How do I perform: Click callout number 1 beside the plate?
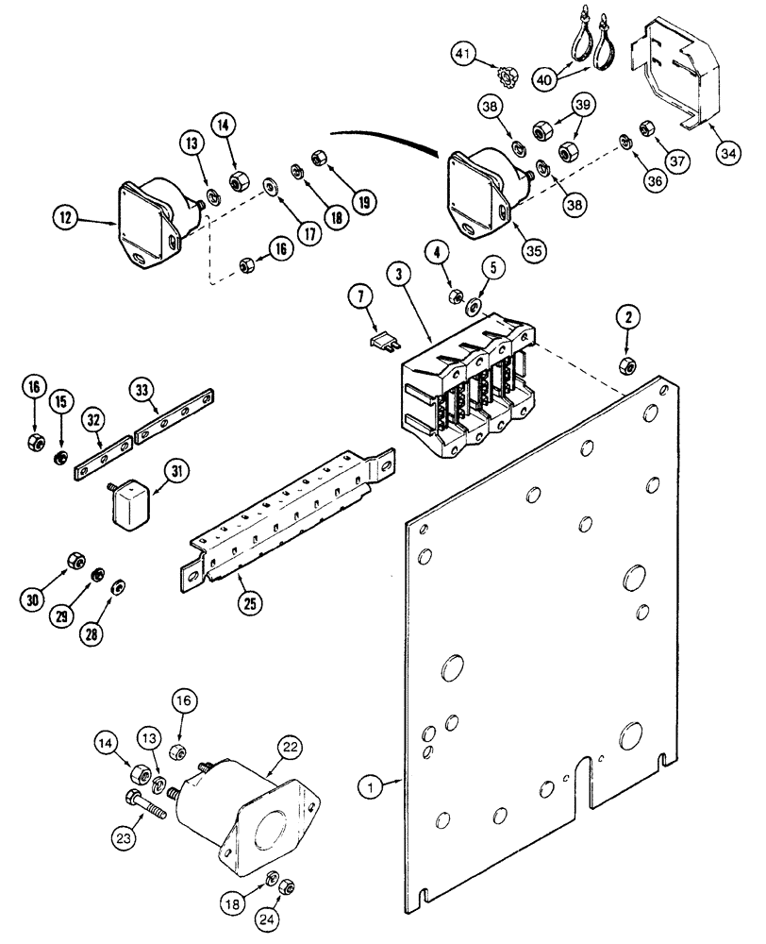pyautogui.click(x=372, y=783)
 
